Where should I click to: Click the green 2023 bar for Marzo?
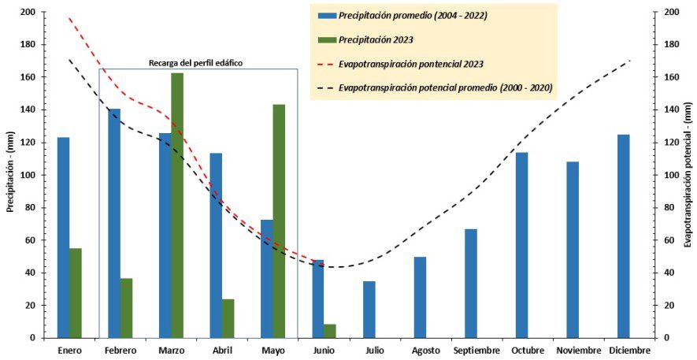click(x=177, y=205)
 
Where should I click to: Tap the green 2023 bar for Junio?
click(x=330, y=331)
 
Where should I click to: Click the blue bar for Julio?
click(x=369, y=309)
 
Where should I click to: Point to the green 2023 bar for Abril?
click(x=228, y=318)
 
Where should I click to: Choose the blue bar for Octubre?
click(x=521, y=245)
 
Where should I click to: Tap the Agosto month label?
click(x=425, y=350)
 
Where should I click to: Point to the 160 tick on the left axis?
click(x=27, y=77)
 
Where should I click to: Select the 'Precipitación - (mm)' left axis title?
click(x=11, y=175)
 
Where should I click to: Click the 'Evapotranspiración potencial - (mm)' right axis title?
click(x=688, y=175)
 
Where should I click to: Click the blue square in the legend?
click(x=327, y=15)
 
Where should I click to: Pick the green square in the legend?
click(x=327, y=39)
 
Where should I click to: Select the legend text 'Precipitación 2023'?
click(x=376, y=39)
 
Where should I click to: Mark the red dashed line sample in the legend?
click(x=324, y=63)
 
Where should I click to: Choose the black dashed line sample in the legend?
click(x=324, y=87)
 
